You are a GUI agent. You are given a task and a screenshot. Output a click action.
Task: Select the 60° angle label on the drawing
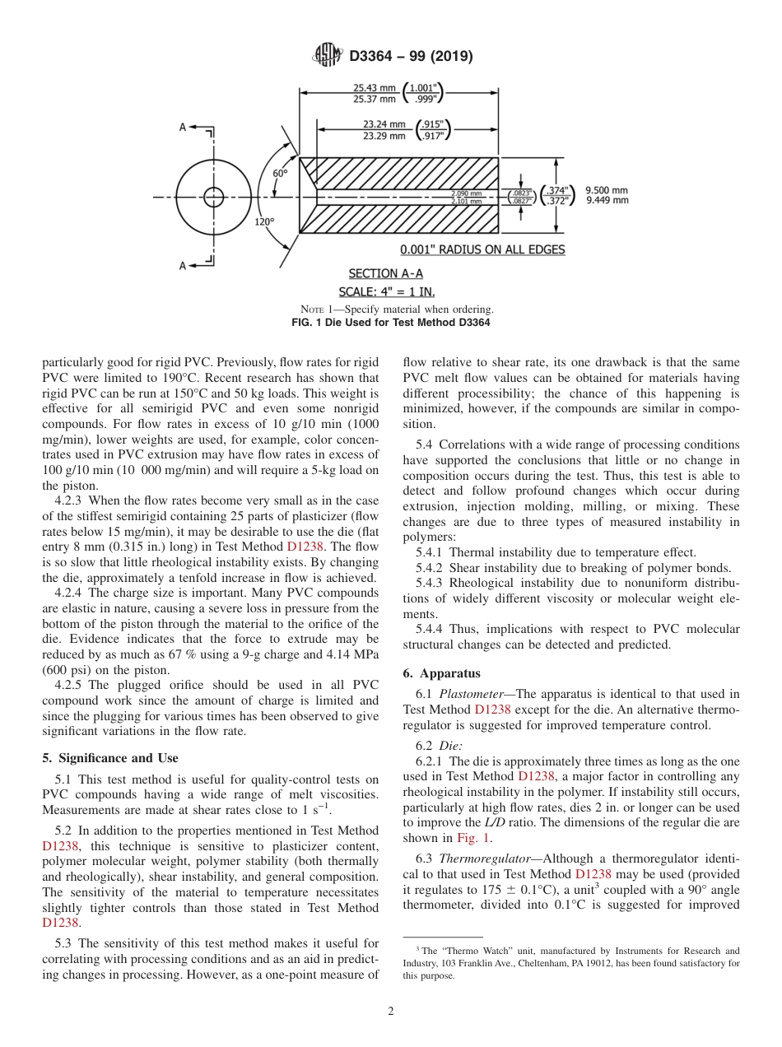pos(280,174)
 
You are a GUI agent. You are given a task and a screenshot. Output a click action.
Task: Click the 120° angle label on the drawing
pos(264,221)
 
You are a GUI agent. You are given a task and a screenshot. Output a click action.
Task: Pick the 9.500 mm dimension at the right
pos(606,189)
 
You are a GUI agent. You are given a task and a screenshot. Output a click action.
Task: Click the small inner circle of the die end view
pos(214,197)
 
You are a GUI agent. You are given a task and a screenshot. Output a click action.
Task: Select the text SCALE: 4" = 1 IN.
pos(387,291)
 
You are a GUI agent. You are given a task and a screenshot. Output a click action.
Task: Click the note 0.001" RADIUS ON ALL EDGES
pos(482,249)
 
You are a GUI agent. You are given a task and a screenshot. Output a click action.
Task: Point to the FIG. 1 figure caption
pos(391,323)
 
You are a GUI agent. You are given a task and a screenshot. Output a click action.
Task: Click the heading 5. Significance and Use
pos(109,757)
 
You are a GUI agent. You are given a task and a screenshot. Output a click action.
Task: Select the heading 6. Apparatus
pos(441,672)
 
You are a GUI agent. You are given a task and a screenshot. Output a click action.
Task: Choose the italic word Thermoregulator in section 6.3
pos(482,857)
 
